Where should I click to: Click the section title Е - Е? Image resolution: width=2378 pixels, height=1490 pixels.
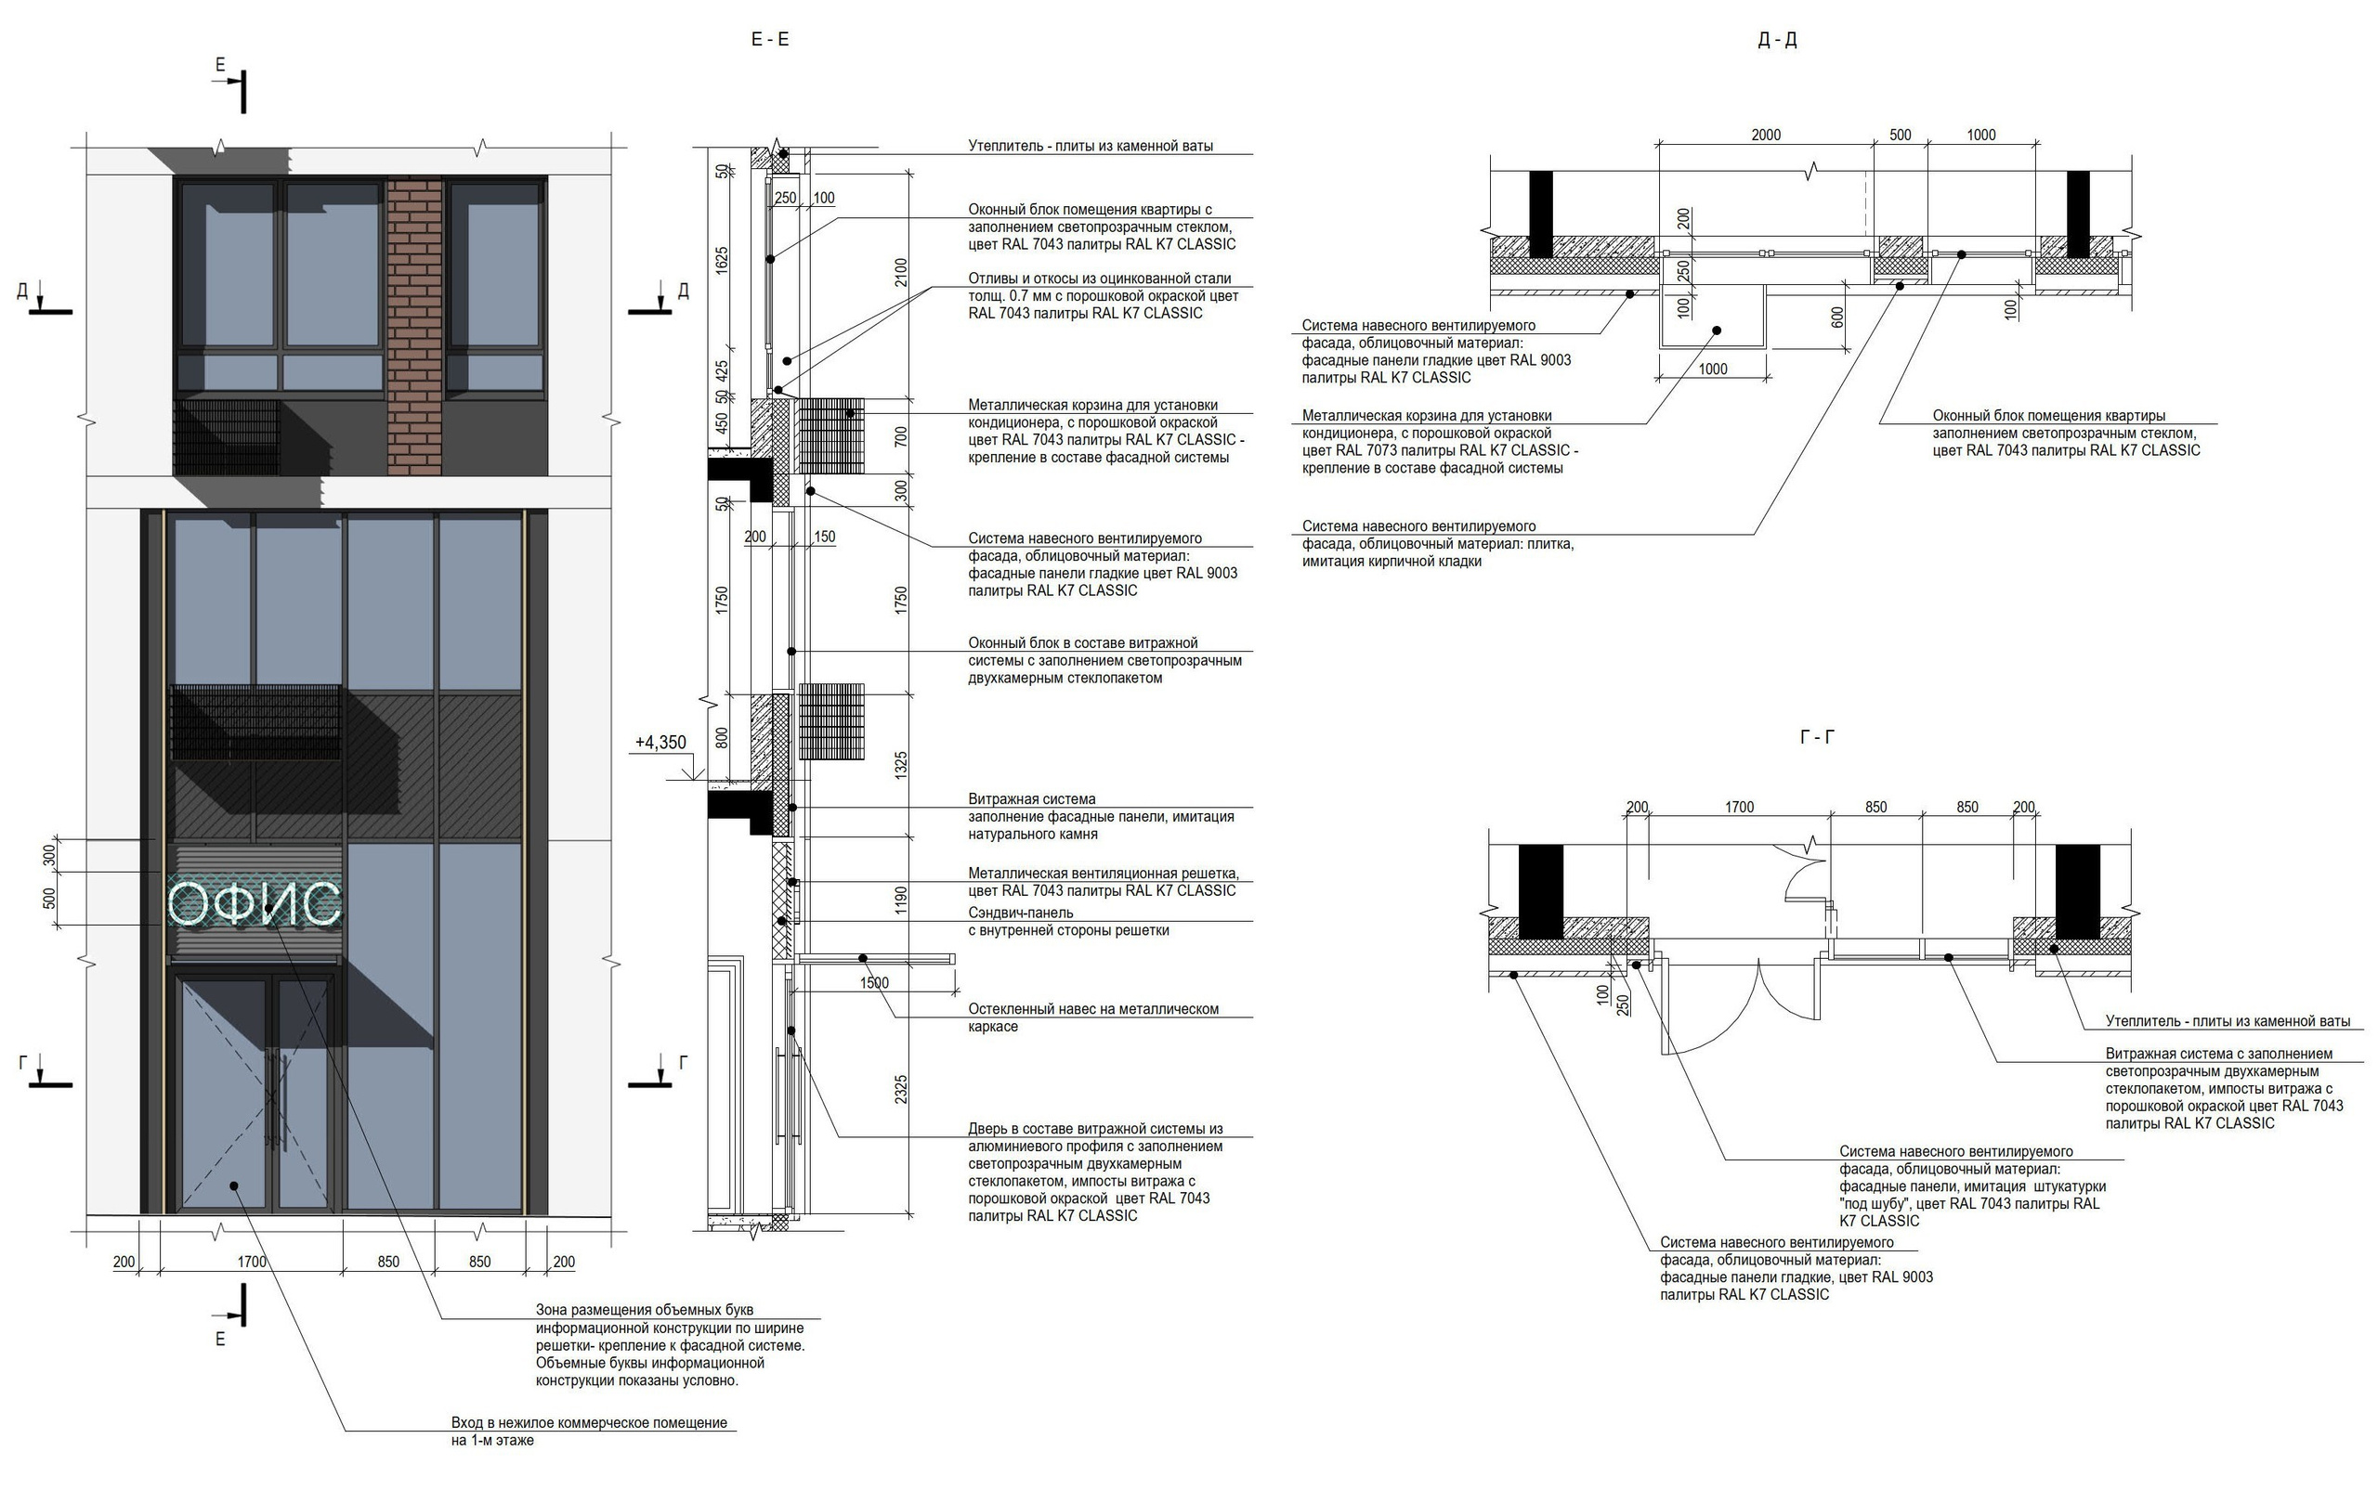point(770,39)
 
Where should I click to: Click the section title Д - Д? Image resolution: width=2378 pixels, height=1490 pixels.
point(1777,39)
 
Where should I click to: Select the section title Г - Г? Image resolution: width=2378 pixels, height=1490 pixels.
point(1817,736)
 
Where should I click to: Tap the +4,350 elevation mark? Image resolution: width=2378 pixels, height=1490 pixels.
point(660,743)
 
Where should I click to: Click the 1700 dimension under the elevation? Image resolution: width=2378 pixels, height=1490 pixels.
point(252,1262)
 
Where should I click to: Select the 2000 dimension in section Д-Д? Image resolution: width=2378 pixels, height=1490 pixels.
point(1766,135)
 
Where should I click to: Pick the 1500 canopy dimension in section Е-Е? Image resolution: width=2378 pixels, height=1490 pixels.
point(873,982)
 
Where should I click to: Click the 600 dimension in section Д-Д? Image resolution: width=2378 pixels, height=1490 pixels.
point(1836,317)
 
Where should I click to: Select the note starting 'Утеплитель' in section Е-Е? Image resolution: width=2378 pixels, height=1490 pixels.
point(1091,146)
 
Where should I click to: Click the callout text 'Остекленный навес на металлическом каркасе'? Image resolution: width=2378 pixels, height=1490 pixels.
point(1092,1017)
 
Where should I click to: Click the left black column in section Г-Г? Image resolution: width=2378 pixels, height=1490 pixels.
point(1540,891)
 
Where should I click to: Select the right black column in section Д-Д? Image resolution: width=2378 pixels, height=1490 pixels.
point(2078,214)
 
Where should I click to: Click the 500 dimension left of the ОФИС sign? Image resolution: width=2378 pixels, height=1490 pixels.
point(49,899)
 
